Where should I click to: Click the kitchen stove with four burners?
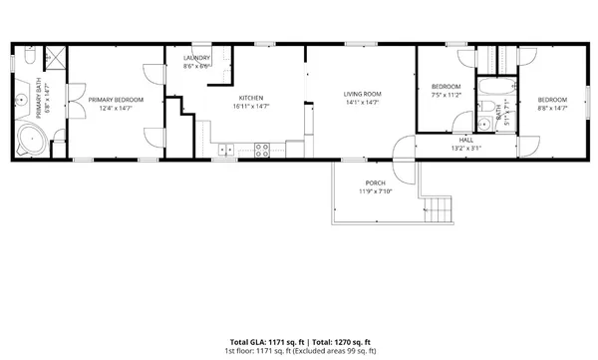pyautogui.click(x=264, y=151)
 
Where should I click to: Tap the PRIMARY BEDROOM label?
pyautogui.click(x=116, y=100)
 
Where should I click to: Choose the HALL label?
pyautogui.click(x=465, y=140)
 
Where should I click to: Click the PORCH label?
pyautogui.click(x=375, y=183)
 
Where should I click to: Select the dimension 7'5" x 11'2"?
pyautogui.click(x=446, y=95)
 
